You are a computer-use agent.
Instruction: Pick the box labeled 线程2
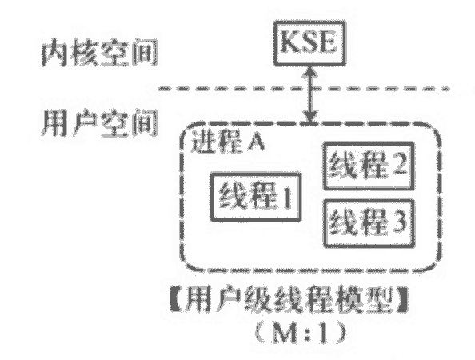tap(367, 166)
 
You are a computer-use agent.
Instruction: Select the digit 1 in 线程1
tap(284, 194)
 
